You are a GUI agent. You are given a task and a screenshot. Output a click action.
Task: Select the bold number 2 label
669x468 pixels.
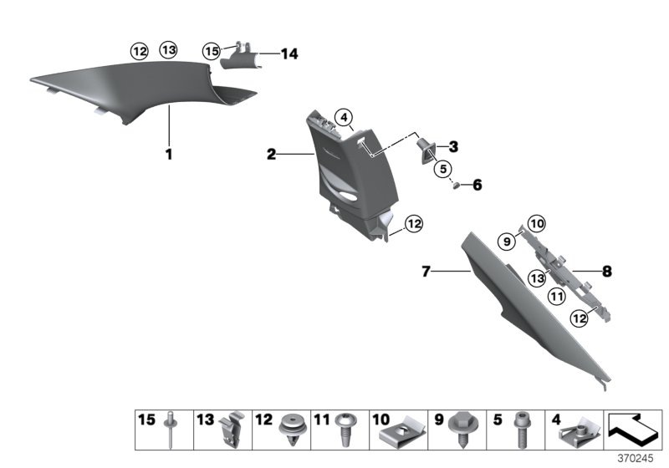click(x=271, y=154)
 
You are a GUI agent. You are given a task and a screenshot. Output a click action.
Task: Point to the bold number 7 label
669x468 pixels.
click(x=426, y=271)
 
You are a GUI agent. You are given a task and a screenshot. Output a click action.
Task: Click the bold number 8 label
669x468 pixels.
click(x=607, y=271)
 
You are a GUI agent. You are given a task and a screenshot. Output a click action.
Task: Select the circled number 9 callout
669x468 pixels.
click(x=505, y=241)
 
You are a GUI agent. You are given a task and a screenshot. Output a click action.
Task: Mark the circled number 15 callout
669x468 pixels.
click(x=212, y=51)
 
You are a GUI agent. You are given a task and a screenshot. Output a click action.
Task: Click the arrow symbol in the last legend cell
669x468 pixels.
click(x=633, y=431)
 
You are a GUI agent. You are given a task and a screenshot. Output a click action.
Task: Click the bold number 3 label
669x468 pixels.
click(x=453, y=147)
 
